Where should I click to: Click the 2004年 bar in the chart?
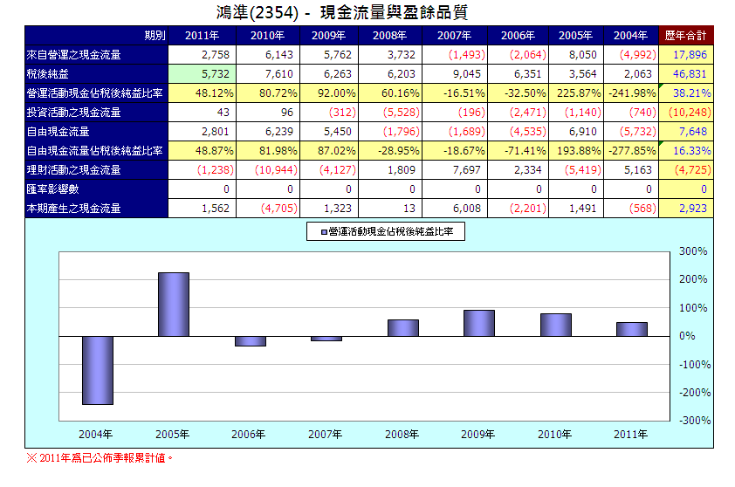(97, 370)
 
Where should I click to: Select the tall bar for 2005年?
(173, 305)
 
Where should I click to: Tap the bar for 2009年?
(478, 323)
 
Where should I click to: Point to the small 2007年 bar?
(326, 339)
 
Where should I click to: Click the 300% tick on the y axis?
(692, 251)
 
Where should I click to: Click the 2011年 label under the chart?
(631, 434)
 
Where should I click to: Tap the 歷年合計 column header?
(686, 36)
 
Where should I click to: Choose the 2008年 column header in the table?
(395, 36)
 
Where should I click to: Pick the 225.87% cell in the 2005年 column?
(572, 93)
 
